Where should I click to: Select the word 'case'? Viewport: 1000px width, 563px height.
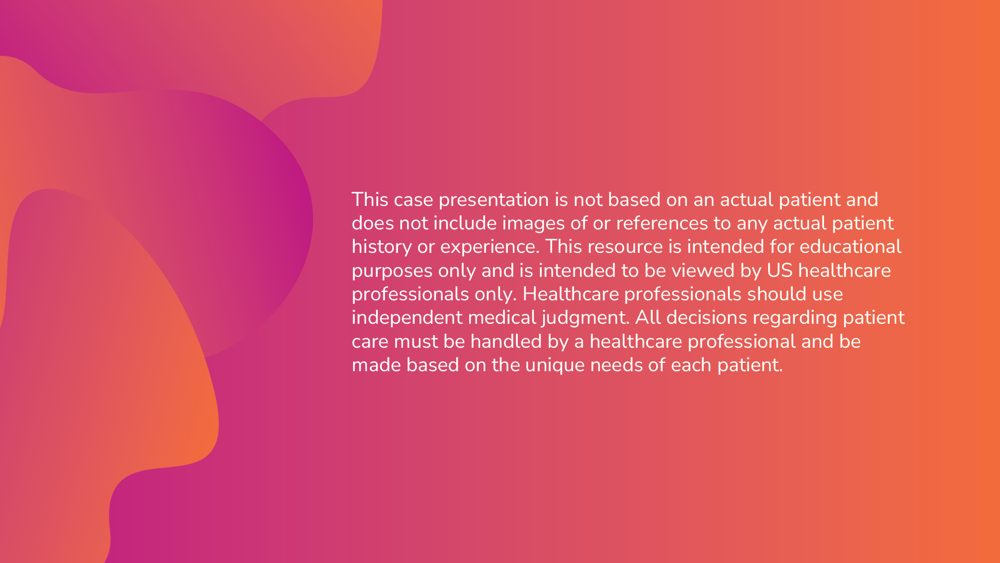click(x=414, y=200)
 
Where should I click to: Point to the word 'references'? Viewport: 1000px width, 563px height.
click(x=662, y=224)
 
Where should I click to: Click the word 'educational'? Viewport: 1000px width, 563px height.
click(x=851, y=247)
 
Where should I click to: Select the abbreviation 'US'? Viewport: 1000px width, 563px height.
click(x=780, y=271)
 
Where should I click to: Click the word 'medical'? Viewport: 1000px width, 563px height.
click(x=502, y=317)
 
